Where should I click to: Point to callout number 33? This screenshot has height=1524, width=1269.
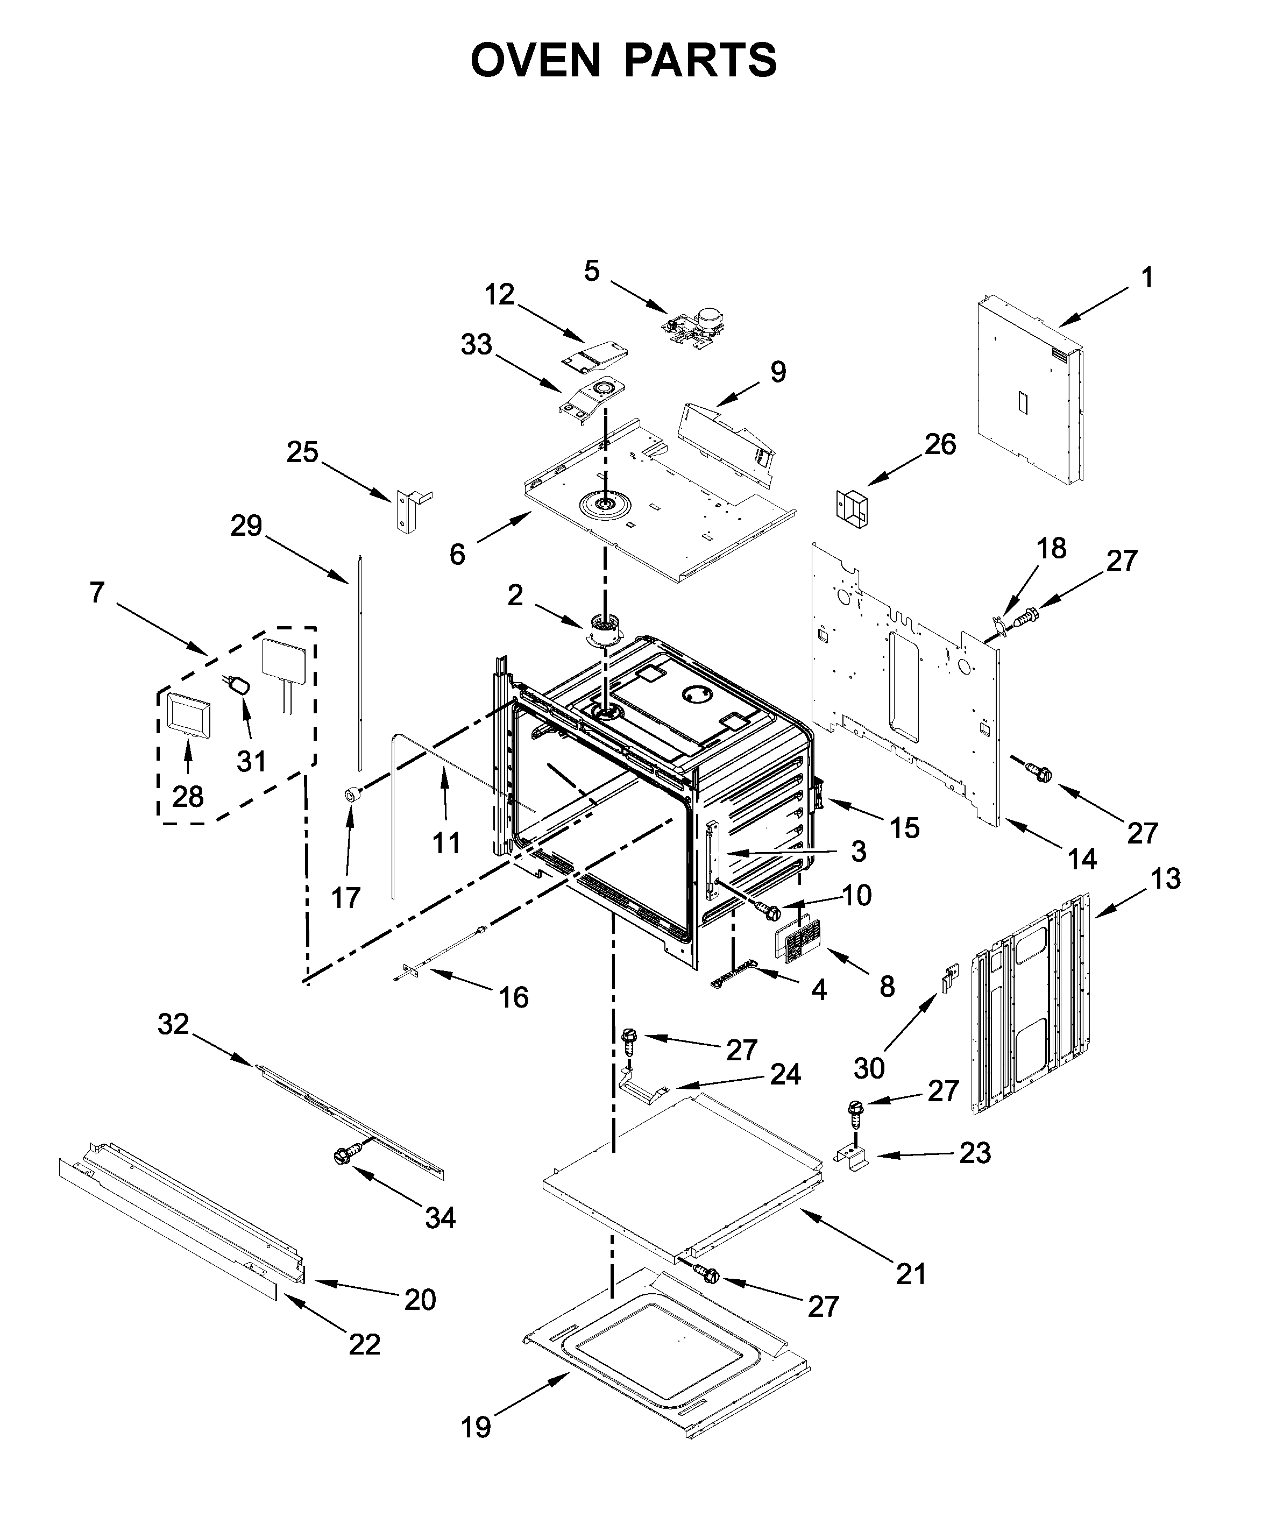coord(476,345)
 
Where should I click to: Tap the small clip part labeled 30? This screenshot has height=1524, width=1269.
coord(949,979)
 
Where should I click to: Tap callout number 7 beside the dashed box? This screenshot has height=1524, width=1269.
coord(97,592)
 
